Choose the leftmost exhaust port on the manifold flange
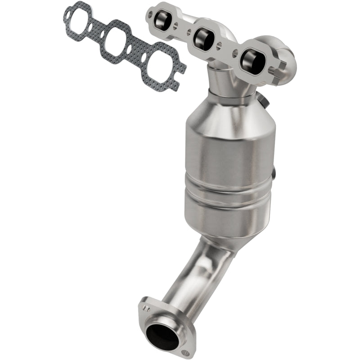tap(162, 19)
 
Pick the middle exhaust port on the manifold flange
tap(202, 39)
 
